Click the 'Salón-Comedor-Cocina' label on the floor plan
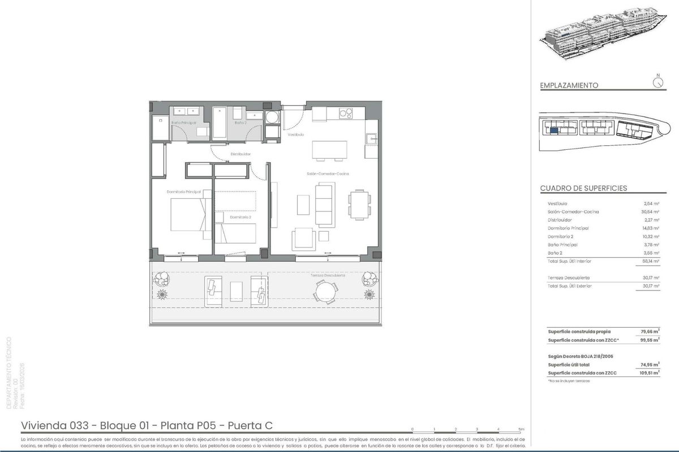332,174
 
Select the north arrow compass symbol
657,82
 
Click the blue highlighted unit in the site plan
554,131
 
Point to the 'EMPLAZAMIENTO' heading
569,86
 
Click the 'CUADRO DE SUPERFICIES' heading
583,188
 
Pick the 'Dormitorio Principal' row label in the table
568,228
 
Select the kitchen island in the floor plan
330,150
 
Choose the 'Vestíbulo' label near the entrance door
296,135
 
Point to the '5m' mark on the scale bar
521,430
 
